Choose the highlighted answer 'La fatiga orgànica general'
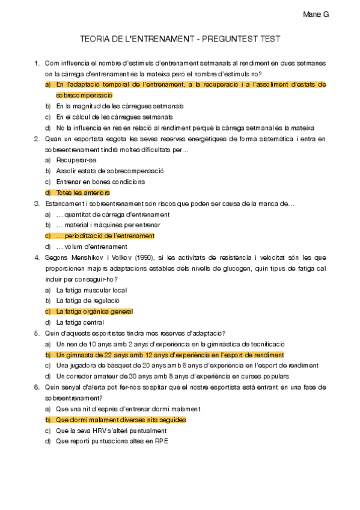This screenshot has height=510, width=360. (94, 312)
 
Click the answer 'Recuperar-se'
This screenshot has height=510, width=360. (76, 160)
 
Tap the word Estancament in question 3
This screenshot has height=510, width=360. (64, 203)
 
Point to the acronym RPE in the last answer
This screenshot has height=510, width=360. (161, 441)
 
